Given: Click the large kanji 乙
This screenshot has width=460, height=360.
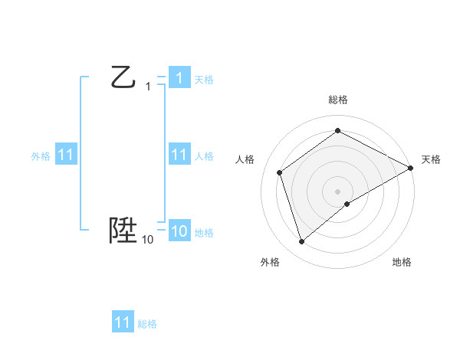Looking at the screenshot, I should pyautogui.click(x=123, y=77).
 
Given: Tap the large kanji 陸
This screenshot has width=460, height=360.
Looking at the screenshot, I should pyautogui.click(x=123, y=230).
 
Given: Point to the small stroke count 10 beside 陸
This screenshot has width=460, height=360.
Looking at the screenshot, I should pyautogui.click(x=148, y=240).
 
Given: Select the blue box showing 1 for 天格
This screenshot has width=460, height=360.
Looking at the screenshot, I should pyautogui.click(x=179, y=78).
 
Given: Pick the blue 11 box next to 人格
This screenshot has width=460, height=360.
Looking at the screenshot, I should pyautogui.click(x=179, y=155).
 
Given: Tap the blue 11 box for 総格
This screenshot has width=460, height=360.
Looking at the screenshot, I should pyautogui.click(x=123, y=322).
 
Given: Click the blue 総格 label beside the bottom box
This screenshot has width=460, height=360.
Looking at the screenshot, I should pyautogui.click(x=147, y=324).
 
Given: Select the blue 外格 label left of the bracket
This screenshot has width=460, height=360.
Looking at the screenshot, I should pyautogui.click(x=41, y=156).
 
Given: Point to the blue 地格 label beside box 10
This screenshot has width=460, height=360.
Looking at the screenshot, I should pyautogui.click(x=204, y=233).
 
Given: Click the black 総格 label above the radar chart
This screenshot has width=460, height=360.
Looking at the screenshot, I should pyautogui.click(x=337, y=100).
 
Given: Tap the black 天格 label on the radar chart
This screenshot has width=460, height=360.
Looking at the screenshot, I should pyautogui.click(x=431, y=159).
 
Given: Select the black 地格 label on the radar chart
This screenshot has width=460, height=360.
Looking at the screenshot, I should pyautogui.click(x=402, y=262).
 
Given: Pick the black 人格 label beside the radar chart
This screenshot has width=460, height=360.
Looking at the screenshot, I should pyautogui.click(x=245, y=159).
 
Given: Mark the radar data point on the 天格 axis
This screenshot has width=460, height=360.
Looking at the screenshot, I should pyautogui.click(x=411, y=168).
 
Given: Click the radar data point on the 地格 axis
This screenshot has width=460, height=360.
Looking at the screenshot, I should pyautogui.click(x=347, y=204).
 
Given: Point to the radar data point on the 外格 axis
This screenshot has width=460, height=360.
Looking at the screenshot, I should pyautogui.click(x=301, y=242).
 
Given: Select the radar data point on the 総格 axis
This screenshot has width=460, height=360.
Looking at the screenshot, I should pyautogui.click(x=337, y=131).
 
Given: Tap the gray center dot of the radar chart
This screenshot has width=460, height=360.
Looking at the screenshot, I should pyautogui.click(x=337, y=191).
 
